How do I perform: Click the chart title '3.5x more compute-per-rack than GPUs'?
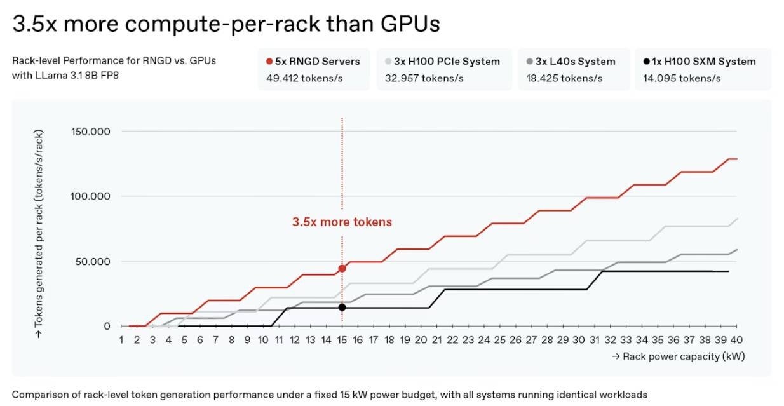(x=226, y=24)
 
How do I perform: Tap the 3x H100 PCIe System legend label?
(x=447, y=62)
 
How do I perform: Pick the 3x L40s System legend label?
(x=574, y=62)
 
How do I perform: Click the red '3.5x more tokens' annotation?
(x=342, y=222)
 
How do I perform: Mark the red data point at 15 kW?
(x=342, y=269)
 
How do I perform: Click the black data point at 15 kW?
(x=342, y=308)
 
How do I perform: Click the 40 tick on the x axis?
(x=737, y=340)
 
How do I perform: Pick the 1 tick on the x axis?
(x=121, y=340)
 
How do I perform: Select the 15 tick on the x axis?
(x=342, y=340)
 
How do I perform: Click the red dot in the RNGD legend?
(x=270, y=62)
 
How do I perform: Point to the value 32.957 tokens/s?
(x=424, y=78)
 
